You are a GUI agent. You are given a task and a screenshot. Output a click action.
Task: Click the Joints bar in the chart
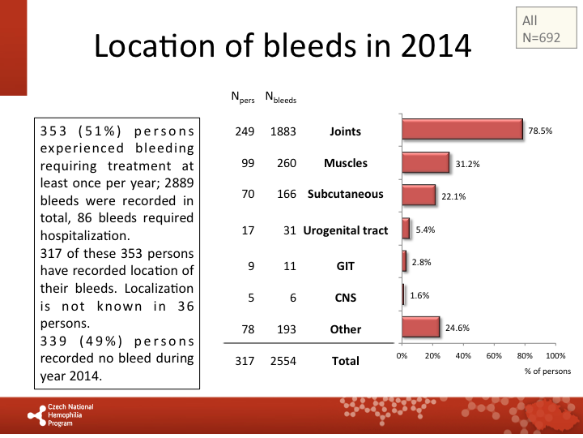pos(462,130)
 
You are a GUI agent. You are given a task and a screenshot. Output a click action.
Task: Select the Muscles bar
pos(425,162)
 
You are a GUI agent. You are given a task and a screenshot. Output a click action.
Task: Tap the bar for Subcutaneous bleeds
pos(419,195)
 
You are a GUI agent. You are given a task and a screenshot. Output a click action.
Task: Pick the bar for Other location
pos(420,327)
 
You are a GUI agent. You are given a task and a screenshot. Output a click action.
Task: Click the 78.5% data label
pos(540,131)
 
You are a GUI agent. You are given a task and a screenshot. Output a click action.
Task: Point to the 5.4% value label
pos(426,230)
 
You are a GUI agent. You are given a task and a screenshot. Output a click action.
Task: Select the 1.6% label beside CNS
pos(419,296)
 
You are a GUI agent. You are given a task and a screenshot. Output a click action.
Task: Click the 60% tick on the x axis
pos(494,355)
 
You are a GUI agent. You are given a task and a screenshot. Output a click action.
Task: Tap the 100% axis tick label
pos(555,355)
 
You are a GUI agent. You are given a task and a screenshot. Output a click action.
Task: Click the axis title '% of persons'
pos(548,371)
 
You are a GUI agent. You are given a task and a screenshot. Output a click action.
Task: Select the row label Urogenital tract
pos(346,230)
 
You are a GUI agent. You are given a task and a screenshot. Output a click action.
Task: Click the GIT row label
pos(346,264)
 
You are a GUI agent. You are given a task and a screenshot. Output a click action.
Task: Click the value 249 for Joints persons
pos(245,131)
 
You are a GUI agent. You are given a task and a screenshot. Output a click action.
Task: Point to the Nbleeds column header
pos(281,100)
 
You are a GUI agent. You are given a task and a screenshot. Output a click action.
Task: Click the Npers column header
pos(243,100)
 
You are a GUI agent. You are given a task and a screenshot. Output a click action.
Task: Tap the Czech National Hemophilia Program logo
pos(62,414)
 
